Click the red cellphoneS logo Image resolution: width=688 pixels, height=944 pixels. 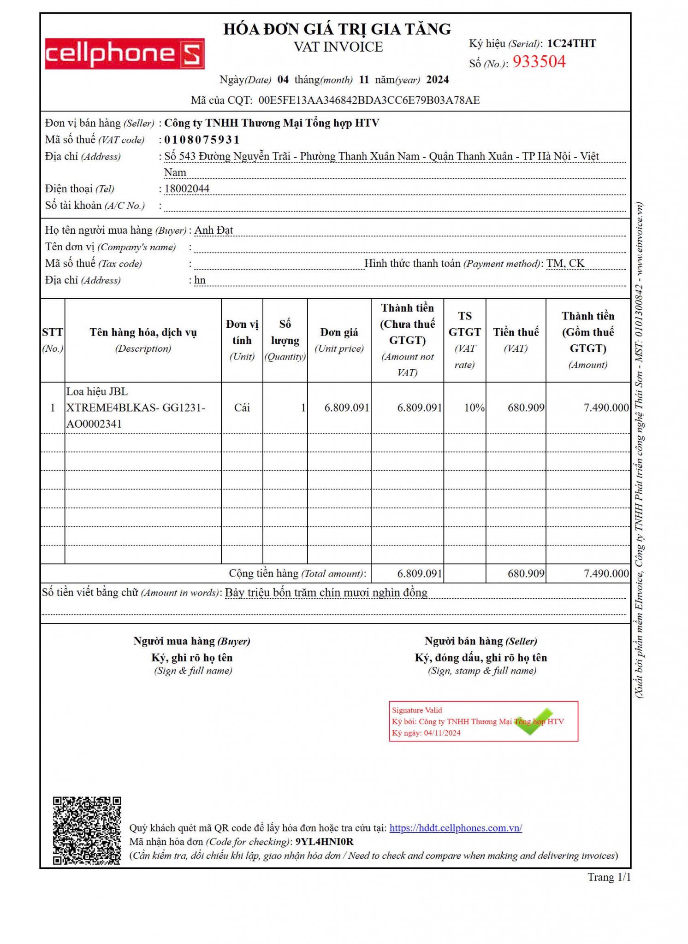pos(125,54)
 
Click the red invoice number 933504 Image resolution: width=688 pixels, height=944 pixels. pos(539,62)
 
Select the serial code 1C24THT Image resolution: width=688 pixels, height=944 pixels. pos(571,43)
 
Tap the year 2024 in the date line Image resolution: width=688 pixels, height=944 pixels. pos(437,80)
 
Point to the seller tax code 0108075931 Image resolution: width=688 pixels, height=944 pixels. pos(202,140)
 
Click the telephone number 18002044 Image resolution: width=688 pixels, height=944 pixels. pos(187,189)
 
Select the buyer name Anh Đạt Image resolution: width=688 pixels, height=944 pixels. pos(214,230)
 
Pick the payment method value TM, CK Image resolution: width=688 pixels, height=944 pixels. pos(565,263)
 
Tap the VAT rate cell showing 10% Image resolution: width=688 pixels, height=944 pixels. pos(474,407)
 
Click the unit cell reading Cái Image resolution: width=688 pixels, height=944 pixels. pos(242,407)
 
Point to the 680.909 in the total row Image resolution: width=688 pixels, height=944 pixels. pos(526,573)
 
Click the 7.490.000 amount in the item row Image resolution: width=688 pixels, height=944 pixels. pos(606,407)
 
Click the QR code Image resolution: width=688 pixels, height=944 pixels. pos(87,830)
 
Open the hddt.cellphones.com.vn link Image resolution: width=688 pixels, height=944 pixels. pos(456,828)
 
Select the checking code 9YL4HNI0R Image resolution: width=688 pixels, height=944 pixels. pos(324,842)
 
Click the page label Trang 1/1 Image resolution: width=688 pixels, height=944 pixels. pos(609,877)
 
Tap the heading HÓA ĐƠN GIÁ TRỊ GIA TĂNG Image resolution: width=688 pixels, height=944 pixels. pos(338,29)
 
